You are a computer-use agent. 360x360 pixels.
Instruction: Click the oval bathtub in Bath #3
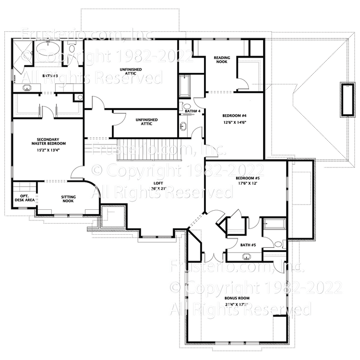48,48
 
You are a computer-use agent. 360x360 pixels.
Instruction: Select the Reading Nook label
222,60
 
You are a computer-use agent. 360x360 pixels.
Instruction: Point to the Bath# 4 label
192,111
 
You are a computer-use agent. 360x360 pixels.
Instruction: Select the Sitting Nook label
68,199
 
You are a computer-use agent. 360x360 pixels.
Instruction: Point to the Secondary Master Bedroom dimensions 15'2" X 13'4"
48,150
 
